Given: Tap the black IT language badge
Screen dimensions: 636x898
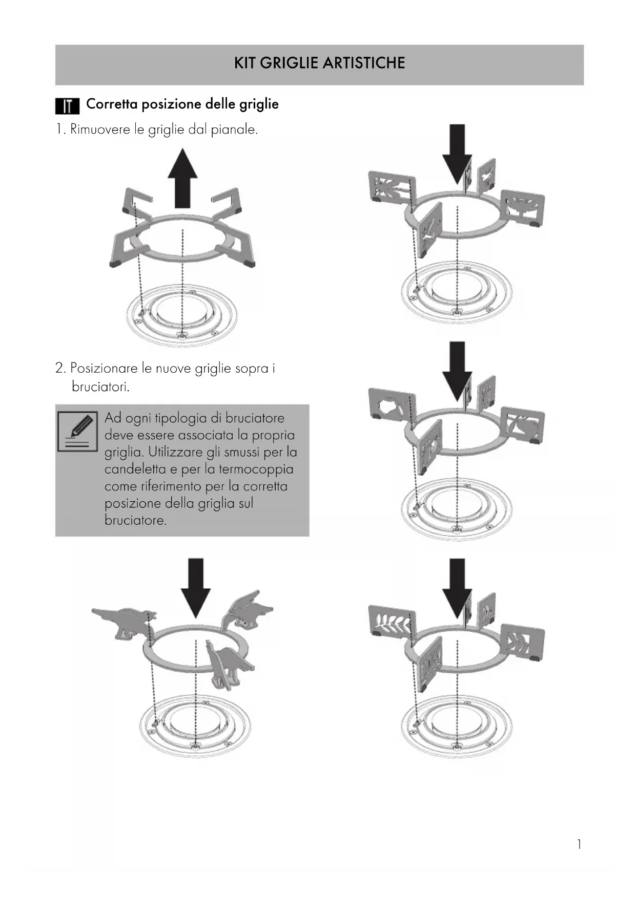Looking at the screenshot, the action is (x=67, y=106).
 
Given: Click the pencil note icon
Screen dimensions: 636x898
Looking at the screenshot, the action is (x=78, y=431).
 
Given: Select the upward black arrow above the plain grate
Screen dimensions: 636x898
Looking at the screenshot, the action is (x=183, y=178).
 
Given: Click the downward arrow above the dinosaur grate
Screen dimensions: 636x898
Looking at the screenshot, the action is (x=196, y=588).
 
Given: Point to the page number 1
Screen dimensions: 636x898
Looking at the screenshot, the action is (x=579, y=844).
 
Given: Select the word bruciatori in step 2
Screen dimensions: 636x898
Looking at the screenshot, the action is (x=100, y=387).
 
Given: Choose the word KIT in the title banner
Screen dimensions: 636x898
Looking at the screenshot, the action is (x=245, y=63).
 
